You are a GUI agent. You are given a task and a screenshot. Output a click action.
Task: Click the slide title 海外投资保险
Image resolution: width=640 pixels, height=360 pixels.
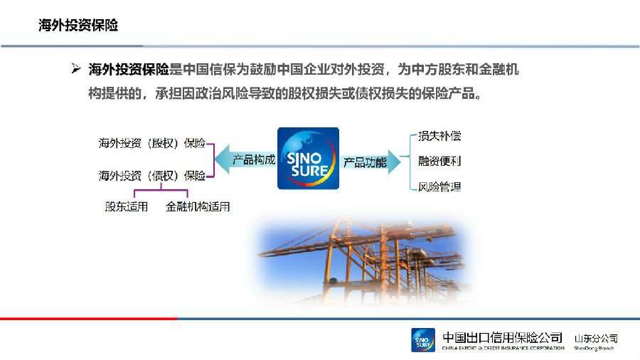[x=78, y=26]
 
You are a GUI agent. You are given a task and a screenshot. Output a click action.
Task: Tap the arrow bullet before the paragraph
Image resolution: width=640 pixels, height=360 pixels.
[x=76, y=68]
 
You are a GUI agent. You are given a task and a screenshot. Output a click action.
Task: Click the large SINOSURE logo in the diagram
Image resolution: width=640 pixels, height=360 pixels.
[x=308, y=159]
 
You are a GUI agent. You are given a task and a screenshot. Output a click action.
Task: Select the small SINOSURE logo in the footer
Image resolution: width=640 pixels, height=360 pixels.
[x=423, y=340]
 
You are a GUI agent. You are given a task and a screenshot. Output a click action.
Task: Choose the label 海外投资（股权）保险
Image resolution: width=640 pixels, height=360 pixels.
[x=152, y=143]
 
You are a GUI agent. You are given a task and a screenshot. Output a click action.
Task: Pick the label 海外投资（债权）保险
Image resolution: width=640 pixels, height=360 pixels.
[x=152, y=176]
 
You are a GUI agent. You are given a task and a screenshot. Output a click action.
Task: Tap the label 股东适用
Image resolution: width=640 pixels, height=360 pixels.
[x=126, y=206]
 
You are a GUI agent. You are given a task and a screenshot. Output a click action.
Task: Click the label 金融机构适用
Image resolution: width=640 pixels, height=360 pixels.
[x=198, y=206]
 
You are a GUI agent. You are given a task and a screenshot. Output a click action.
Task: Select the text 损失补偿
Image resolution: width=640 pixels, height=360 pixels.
[x=439, y=136]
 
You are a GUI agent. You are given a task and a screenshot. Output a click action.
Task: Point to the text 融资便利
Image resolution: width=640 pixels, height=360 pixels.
[x=439, y=162]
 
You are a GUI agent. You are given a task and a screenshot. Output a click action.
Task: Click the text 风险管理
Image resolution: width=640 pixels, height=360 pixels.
[x=439, y=187]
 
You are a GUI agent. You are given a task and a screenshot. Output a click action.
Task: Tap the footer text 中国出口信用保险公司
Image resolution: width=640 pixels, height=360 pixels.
[x=503, y=337]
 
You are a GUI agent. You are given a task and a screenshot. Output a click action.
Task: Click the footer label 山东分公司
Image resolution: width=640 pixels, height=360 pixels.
[x=596, y=339]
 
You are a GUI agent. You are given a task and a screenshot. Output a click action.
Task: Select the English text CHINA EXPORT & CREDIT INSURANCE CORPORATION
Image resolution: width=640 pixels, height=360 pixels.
[x=503, y=348]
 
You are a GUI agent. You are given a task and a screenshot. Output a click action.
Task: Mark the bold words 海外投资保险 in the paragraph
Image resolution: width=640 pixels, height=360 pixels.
[x=129, y=70]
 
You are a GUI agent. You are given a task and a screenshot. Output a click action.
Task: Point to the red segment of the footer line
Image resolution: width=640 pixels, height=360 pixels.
[x=89, y=318]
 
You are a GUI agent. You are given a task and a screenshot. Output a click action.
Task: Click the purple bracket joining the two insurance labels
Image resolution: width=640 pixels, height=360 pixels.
[x=213, y=160]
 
